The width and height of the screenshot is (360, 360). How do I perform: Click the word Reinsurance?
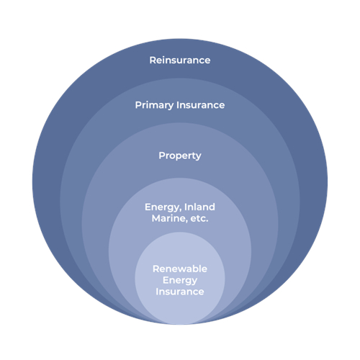(x=180, y=60)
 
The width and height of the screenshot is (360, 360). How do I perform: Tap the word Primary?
(x=154, y=105)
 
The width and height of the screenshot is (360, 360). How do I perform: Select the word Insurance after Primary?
(x=200, y=105)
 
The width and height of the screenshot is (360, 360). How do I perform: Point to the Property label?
(x=180, y=156)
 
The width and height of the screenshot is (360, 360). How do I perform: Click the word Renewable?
(x=180, y=269)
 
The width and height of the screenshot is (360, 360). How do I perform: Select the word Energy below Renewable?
(x=180, y=281)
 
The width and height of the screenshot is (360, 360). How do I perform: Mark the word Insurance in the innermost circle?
(x=180, y=292)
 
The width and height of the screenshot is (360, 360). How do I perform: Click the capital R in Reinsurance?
(x=153, y=60)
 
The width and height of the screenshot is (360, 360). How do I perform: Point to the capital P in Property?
(x=162, y=156)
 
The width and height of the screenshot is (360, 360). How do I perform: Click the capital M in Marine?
(x=156, y=218)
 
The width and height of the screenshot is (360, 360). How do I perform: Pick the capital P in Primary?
(x=138, y=105)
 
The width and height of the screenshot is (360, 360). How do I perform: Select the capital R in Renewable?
(x=156, y=269)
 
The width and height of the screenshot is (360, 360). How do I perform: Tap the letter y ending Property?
(x=198, y=158)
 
